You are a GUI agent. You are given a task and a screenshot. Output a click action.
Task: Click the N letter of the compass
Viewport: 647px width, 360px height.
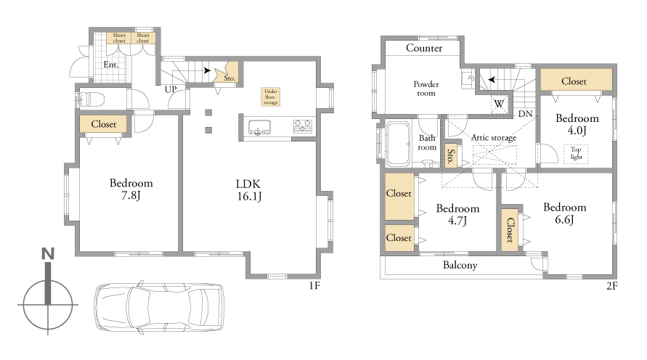coord(48,253)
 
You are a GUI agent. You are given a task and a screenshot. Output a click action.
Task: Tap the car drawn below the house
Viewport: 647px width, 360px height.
coord(159,306)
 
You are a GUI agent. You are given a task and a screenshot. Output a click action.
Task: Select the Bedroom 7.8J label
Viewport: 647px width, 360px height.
coord(131,189)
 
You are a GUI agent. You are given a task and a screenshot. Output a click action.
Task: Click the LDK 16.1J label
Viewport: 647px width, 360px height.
coord(249,190)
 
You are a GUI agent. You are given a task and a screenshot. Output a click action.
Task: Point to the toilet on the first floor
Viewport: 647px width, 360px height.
coord(90,99)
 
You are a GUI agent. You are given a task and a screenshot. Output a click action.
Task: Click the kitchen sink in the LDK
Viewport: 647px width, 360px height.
coord(259,128)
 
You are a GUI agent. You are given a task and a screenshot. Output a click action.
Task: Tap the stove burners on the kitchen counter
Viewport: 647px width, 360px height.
coord(303,126)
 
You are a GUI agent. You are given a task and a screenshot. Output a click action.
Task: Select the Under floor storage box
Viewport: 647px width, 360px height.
coord(271,97)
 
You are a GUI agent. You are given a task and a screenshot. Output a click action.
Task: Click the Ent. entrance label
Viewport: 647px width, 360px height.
coord(110,65)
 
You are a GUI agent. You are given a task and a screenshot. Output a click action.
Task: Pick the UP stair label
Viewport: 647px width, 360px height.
coord(171,89)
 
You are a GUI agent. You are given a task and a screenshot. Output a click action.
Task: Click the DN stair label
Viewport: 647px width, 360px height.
coord(525,113)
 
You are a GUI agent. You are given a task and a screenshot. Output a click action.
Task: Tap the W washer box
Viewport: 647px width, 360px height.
coord(499,105)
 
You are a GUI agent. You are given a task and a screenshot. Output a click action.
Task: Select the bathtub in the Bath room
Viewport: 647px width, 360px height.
coord(398,144)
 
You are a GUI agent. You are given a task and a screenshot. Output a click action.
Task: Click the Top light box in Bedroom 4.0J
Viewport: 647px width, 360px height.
coord(576,153)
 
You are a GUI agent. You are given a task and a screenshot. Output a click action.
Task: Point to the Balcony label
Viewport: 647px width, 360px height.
coord(460,265)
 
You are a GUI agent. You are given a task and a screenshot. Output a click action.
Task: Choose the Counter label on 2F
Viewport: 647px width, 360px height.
coord(424,48)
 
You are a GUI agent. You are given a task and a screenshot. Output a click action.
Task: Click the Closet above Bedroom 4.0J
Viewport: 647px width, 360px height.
coord(576,80)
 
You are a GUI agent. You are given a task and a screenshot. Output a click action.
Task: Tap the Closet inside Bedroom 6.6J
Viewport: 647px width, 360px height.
coord(510,230)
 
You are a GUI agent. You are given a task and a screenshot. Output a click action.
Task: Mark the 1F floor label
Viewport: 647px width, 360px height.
coord(314,285)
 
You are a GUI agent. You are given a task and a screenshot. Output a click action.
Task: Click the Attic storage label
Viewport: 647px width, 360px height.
coord(494,138)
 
